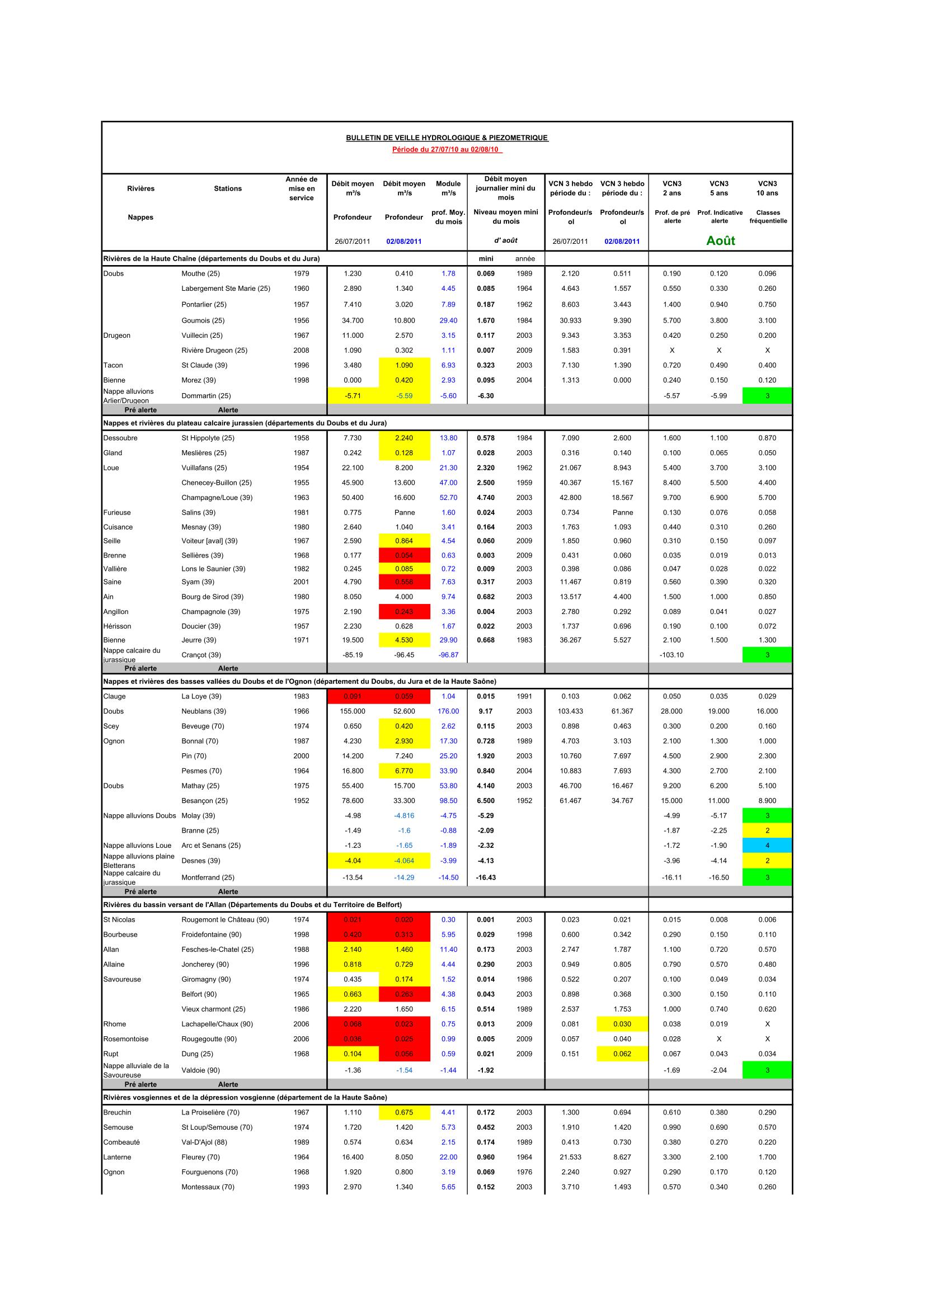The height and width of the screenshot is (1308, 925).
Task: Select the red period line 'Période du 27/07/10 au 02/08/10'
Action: [447, 149]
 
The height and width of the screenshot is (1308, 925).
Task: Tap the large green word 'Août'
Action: [720, 240]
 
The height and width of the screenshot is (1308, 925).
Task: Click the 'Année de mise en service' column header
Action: [301, 188]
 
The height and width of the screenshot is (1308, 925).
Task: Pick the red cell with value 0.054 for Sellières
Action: [404, 555]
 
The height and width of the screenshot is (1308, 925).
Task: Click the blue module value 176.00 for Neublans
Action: [448, 711]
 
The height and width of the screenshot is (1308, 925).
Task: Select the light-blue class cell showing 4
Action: [767, 846]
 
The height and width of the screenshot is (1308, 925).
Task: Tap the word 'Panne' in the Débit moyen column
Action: [404, 512]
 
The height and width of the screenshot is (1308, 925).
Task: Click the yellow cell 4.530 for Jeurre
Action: [404, 640]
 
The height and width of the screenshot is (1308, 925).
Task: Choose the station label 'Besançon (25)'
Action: [204, 800]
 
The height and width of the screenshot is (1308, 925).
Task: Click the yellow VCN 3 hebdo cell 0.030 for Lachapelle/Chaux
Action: [622, 1024]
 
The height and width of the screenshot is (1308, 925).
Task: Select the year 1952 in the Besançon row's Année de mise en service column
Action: [301, 800]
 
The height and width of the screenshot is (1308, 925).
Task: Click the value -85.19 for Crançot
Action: [353, 655]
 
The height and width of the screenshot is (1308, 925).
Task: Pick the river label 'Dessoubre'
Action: [121, 438]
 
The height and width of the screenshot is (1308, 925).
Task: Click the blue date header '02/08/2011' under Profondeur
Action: [404, 241]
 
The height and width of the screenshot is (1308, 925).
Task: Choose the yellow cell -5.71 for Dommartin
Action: [353, 395]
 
